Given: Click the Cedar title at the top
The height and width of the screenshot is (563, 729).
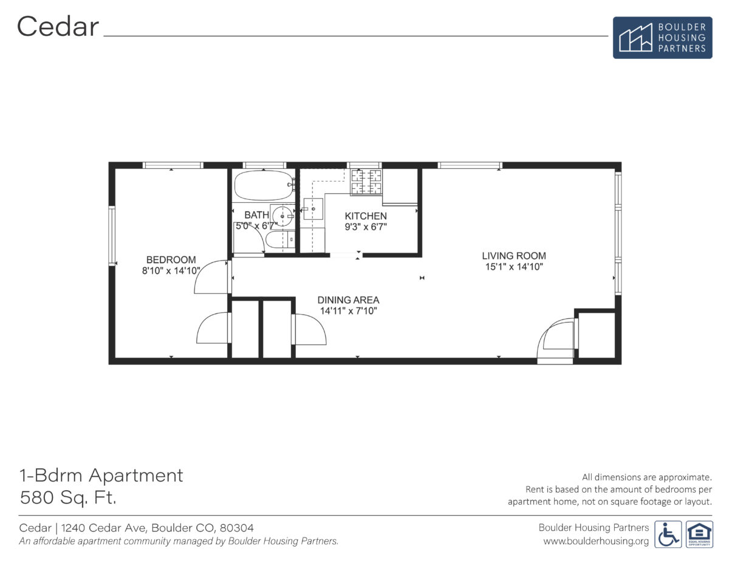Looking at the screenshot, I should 58,27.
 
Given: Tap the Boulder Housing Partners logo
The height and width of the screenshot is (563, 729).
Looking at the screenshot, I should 662,37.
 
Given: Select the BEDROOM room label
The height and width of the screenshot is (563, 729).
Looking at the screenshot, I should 171,260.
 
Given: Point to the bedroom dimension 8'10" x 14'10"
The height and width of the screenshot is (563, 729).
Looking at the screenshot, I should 171,271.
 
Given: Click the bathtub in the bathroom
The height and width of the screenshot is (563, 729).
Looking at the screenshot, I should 264,186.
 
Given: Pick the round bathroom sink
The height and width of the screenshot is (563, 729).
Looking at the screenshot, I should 281,216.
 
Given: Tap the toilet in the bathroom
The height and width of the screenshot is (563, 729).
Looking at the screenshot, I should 279,241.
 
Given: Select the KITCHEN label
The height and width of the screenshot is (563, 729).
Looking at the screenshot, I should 366,216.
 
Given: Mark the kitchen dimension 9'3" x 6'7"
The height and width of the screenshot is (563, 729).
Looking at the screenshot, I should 366,227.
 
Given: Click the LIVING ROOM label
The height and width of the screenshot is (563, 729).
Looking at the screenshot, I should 514,256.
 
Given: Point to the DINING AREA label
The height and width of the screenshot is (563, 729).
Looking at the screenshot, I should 349,300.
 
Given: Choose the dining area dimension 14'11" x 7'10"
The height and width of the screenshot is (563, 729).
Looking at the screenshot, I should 349,310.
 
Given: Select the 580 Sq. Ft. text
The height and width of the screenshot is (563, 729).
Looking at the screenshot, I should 68,498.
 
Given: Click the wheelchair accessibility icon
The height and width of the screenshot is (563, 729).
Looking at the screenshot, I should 668,534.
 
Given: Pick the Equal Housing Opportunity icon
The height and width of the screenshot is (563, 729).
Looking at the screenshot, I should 699,534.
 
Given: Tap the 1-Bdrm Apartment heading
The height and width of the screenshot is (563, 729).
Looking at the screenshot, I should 101,475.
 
